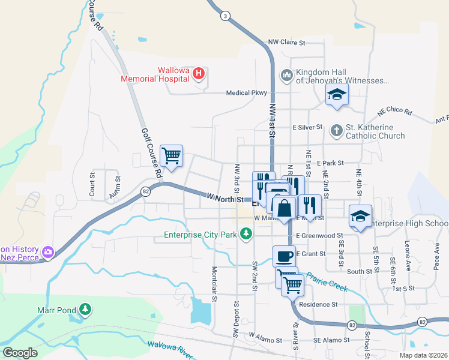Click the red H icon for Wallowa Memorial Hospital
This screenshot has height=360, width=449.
(x=199, y=74)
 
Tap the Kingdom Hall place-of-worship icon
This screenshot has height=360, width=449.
(x=286, y=74)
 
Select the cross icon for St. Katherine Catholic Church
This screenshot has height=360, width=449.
(x=337, y=130)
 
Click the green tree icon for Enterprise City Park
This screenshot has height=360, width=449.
(x=246, y=233)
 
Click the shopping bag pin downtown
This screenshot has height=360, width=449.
(x=285, y=208)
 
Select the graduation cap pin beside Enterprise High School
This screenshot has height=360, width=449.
(x=360, y=216)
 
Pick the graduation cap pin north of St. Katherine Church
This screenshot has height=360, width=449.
(x=337, y=94)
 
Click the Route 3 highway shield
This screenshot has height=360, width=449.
(x=224, y=16)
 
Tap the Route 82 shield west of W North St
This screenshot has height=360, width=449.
(x=146, y=191)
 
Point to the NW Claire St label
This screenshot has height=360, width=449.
(x=287, y=43)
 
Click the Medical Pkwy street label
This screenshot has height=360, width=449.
(x=246, y=93)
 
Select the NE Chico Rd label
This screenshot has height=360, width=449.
(x=394, y=112)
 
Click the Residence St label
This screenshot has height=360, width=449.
(x=318, y=304)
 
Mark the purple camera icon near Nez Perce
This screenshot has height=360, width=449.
(x=48, y=253)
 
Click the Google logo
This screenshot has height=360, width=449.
(x=20, y=353)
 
